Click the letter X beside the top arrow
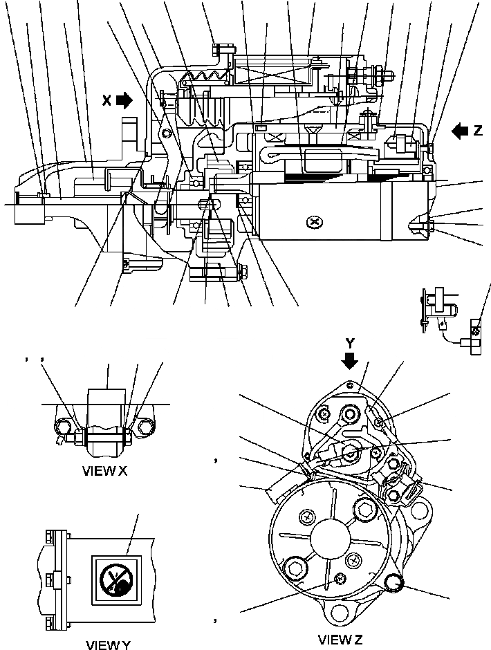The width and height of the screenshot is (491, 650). pyautogui.click(x=106, y=101)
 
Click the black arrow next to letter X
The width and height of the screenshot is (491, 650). pyautogui.click(x=124, y=101)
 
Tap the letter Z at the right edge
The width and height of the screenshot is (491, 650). pyautogui.click(x=477, y=130)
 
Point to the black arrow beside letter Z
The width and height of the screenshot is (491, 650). pyautogui.click(x=459, y=130)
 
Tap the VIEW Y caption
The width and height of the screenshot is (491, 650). pyautogui.click(x=107, y=644)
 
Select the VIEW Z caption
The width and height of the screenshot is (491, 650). pyautogui.click(x=340, y=639)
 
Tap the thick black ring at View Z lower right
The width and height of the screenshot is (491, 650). pyautogui.click(x=396, y=584)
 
